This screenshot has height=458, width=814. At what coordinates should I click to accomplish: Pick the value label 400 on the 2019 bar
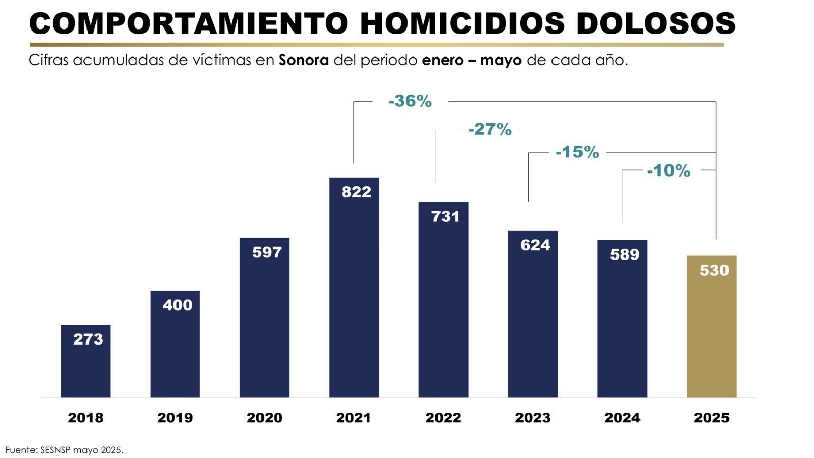(178, 305)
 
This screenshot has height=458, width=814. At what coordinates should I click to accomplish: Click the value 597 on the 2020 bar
(267, 252)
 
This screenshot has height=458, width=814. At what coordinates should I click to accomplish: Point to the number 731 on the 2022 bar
(446, 216)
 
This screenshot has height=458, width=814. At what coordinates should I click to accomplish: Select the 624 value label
(535, 245)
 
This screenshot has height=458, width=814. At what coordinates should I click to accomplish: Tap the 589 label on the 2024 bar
(625, 254)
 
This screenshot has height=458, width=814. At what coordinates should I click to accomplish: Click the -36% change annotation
(410, 101)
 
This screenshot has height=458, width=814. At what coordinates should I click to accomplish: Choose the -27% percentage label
(490, 129)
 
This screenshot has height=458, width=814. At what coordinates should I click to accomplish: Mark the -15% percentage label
(577, 152)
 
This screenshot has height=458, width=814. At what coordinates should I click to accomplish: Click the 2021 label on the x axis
(354, 418)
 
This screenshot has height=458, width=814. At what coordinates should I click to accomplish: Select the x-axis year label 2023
(533, 418)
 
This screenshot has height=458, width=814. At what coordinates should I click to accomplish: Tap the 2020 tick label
(265, 418)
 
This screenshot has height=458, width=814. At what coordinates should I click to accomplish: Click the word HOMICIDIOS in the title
(462, 23)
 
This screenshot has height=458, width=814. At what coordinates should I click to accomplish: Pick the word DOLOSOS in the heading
(656, 23)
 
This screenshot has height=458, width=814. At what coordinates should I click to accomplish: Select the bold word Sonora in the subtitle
(304, 60)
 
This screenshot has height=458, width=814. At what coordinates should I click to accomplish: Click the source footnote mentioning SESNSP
(64, 450)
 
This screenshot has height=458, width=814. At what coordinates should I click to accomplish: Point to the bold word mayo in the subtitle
(501, 61)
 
